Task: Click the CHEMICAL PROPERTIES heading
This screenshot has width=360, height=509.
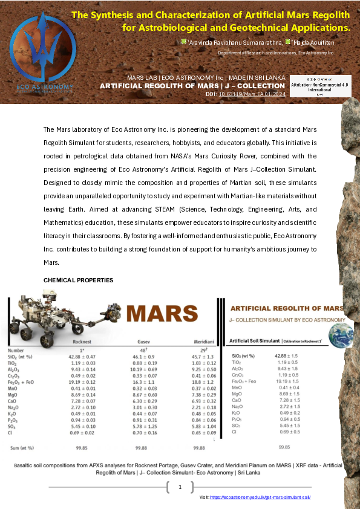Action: pyautogui.click(x=78, y=280)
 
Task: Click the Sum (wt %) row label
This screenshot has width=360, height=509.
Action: pyautogui.click(x=20, y=447)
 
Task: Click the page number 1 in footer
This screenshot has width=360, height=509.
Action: pyautogui.click(x=180, y=487)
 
